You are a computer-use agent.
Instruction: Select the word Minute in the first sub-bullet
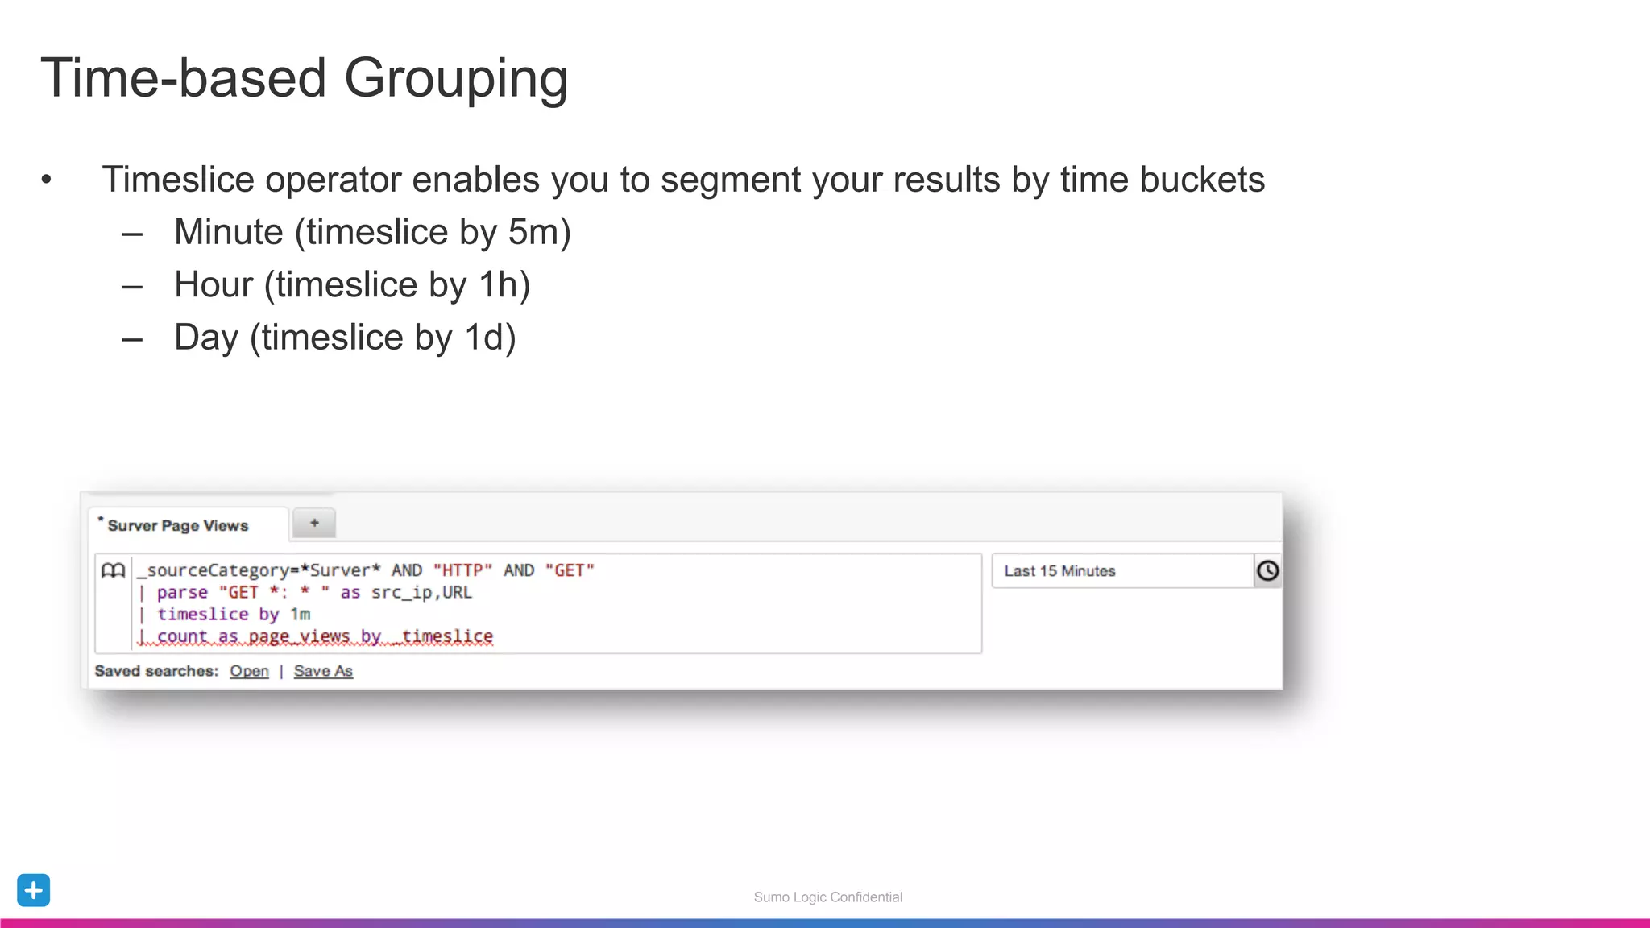(x=229, y=232)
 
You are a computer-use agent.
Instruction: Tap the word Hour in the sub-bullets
(x=214, y=285)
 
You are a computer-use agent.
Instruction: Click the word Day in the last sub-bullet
(x=206, y=338)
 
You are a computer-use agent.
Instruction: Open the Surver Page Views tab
(x=178, y=526)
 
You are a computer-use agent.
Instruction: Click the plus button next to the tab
(x=314, y=524)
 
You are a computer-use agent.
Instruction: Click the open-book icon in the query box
(x=114, y=571)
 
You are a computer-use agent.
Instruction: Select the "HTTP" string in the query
(x=462, y=570)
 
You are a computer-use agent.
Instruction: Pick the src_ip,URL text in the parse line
(x=421, y=593)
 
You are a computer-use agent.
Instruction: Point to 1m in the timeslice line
(x=301, y=615)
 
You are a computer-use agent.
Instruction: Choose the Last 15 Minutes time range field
(x=1122, y=571)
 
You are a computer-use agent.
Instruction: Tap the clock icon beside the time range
(x=1267, y=571)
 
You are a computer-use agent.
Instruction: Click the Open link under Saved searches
(x=249, y=671)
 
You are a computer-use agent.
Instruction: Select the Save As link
(x=323, y=671)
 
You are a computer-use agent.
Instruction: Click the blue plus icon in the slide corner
(x=34, y=890)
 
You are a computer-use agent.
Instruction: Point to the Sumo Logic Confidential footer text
(x=827, y=897)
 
